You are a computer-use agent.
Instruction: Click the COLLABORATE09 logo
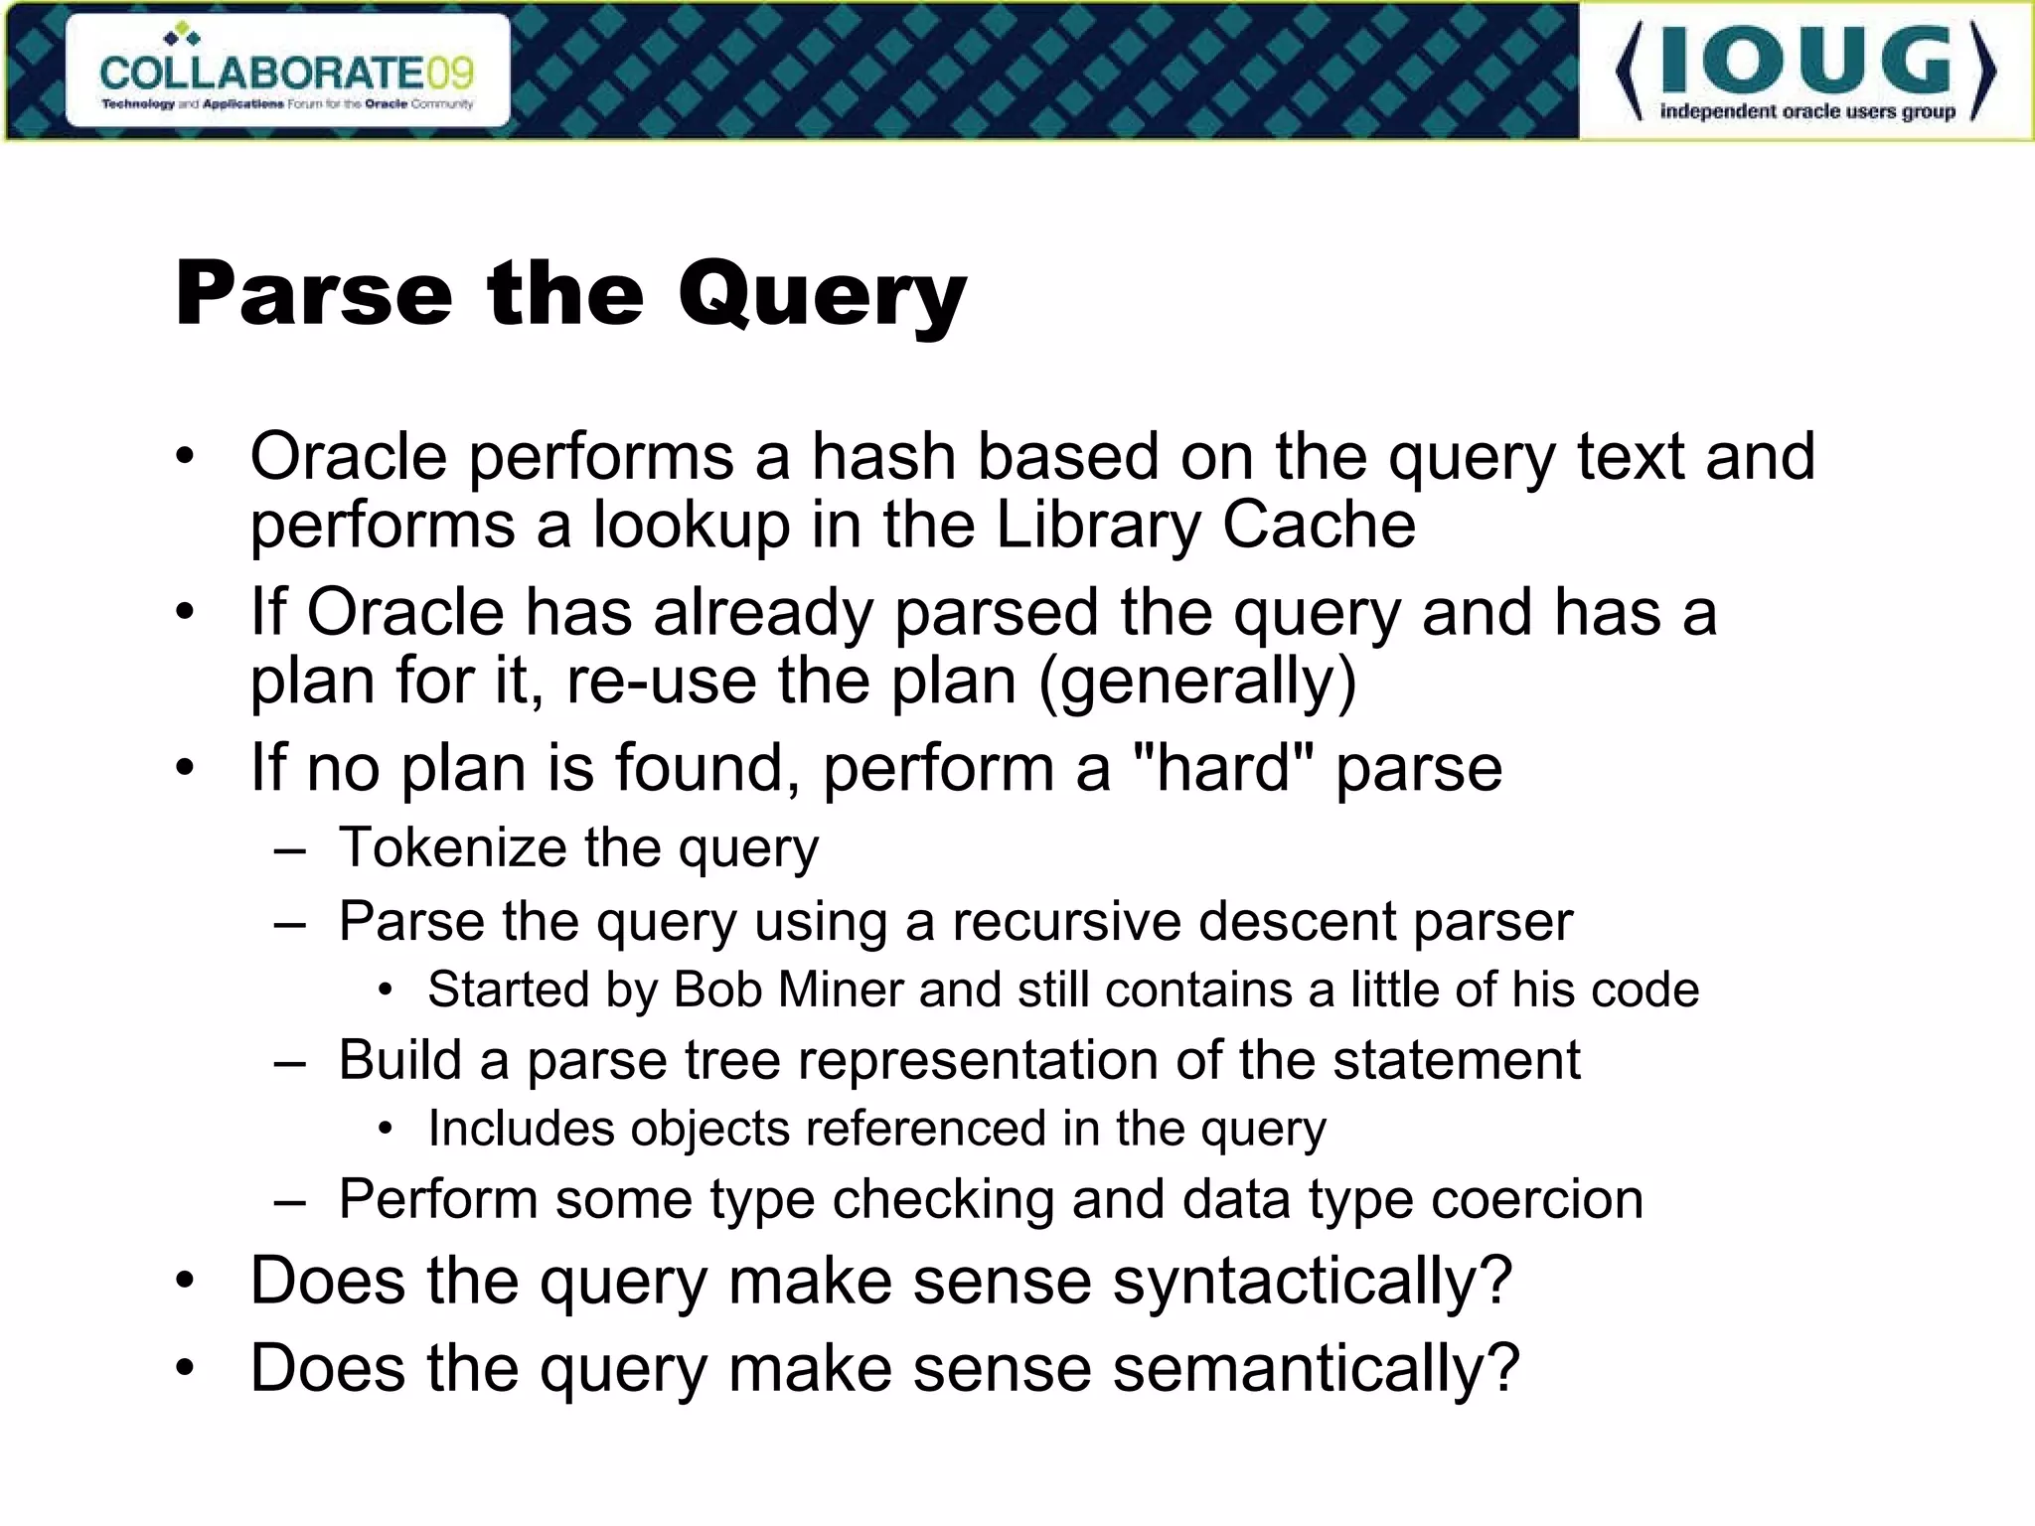[287, 72]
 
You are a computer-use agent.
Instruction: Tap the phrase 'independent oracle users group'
[1807, 111]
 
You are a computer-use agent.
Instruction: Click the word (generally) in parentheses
[1197, 682]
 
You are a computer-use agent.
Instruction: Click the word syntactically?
[1312, 1282]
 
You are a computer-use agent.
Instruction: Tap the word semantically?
[1316, 1369]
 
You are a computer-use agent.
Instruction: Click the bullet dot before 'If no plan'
[185, 768]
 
